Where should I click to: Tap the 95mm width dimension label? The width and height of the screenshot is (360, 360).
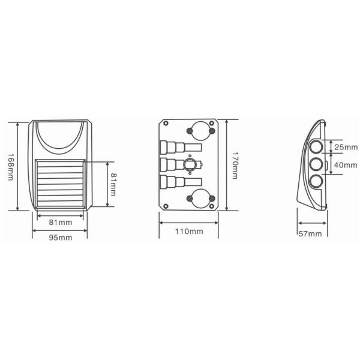click(x=61, y=238)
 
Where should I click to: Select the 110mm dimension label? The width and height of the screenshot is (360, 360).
click(x=189, y=231)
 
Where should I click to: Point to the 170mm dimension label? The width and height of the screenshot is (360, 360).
click(x=235, y=165)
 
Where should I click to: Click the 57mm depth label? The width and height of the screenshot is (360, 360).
click(x=310, y=234)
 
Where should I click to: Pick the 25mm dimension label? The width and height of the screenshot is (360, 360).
click(x=346, y=147)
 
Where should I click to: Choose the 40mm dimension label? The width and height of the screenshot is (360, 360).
click(x=346, y=165)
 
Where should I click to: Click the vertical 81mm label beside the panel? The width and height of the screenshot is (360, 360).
click(x=113, y=184)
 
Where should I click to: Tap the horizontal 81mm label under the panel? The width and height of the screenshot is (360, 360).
click(x=61, y=222)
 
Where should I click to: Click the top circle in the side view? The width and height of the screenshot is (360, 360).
click(x=316, y=147)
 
